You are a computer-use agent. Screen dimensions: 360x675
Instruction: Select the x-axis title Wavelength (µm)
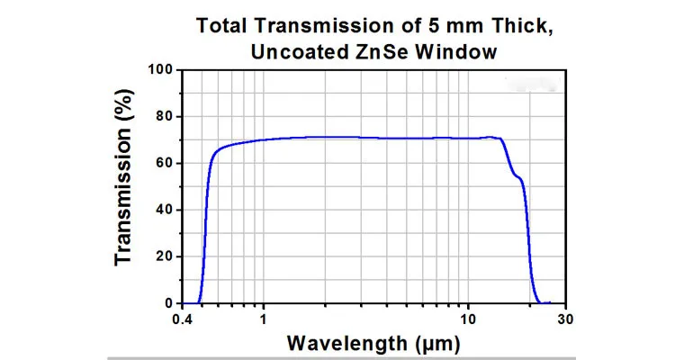(373, 343)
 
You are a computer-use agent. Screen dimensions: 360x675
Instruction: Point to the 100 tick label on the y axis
(159, 69)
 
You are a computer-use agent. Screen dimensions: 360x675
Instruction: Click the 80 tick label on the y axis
(163, 116)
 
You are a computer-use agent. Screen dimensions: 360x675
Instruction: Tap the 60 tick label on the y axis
(163, 163)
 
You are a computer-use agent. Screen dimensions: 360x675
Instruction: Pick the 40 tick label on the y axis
(163, 210)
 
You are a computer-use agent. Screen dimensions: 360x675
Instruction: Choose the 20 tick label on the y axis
(163, 256)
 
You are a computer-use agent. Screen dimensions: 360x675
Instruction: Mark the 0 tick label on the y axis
(167, 303)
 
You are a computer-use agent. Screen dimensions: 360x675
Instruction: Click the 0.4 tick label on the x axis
(183, 319)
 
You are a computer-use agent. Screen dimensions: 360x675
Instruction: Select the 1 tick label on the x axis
(263, 319)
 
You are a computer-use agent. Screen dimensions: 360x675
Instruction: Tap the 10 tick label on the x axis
(468, 319)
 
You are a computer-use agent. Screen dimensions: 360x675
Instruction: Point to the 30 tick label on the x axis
(565, 319)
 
